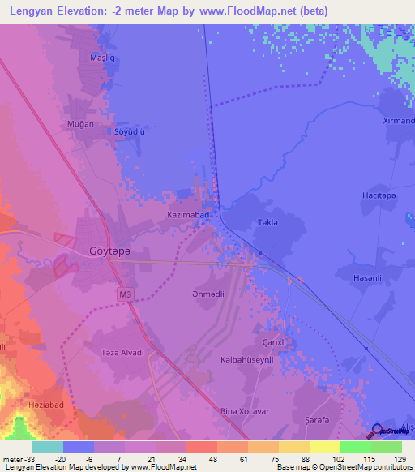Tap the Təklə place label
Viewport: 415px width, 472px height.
(267, 222)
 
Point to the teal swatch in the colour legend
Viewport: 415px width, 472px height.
(48, 447)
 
